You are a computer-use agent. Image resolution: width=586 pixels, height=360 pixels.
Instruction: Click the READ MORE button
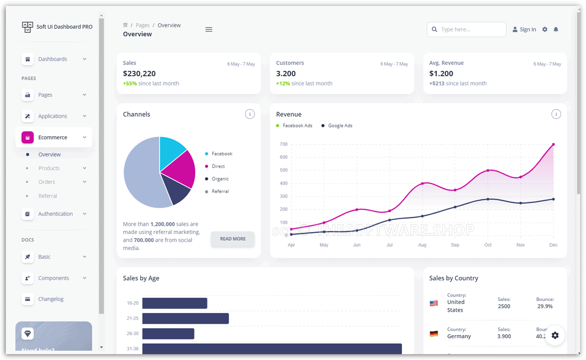coord(232,239)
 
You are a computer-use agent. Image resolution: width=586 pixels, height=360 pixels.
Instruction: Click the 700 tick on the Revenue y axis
coord(283,144)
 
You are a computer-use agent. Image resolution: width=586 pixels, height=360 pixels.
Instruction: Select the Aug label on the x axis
coord(422,245)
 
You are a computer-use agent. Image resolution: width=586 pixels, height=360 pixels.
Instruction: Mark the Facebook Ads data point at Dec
coord(553,145)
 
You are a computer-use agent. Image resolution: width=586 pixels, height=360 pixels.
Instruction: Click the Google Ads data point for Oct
coord(488,199)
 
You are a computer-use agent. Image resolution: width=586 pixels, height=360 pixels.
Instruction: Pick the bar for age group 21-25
coord(186,318)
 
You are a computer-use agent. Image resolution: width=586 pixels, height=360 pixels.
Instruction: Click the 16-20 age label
coord(132,303)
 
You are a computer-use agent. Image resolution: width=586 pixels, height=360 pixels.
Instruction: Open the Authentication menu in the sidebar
coord(55,214)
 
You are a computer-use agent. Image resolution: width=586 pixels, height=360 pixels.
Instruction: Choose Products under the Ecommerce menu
coord(49,168)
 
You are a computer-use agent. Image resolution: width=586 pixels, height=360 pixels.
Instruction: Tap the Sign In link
coord(524,29)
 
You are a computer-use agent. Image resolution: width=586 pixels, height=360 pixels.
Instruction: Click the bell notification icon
coord(556,29)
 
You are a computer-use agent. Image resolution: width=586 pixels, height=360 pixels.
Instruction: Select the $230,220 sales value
coord(139,74)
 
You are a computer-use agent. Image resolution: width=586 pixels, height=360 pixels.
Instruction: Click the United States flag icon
coord(434,303)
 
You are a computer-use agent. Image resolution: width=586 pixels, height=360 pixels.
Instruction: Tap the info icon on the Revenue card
coord(556,114)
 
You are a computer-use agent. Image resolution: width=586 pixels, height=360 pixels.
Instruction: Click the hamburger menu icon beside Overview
coord(209,29)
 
